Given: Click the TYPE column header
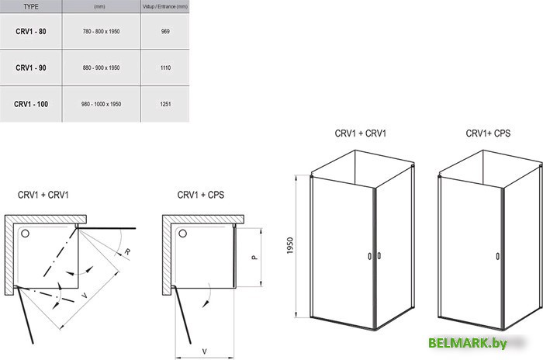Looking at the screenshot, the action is (x=31, y=6).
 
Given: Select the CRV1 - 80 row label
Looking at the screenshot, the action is (x=31, y=31).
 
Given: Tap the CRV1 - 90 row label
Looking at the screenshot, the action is (x=31, y=67).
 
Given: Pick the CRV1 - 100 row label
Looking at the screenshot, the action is (x=31, y=104).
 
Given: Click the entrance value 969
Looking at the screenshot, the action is (x=165, y=31).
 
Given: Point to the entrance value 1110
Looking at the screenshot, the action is (x=165, y=67).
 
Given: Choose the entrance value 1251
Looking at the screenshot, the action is (x=165, y=104).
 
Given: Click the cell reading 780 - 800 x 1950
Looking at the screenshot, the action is (x=101, y=31).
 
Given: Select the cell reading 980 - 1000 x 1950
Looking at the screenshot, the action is (x=101, y=104).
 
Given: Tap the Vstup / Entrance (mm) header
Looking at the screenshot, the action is (x=165, y=6).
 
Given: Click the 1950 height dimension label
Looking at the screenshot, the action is (x=290, y=245).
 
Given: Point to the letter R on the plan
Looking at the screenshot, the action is (x=127, y=251).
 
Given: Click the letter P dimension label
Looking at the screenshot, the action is (x=254, y=258).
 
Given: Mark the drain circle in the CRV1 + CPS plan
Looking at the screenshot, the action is (x=182, y=234).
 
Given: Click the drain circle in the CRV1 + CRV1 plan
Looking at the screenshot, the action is (x=25, y=234).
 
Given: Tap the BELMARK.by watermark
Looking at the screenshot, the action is (x=468, y=343).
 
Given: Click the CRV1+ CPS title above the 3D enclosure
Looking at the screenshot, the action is (x=488, y=133).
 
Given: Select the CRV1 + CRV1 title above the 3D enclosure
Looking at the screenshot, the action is (x=361, y=133).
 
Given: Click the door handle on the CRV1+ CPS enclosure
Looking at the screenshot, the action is (x=498, y=256).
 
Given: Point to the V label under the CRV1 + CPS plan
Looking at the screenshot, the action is (x=204, y=351).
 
